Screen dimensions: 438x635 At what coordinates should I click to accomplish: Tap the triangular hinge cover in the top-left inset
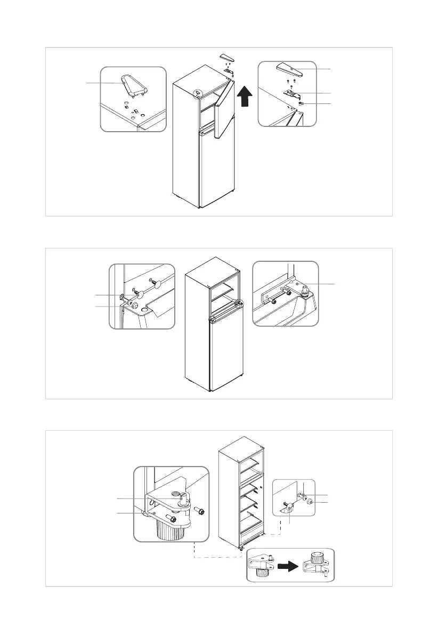pos(132,87)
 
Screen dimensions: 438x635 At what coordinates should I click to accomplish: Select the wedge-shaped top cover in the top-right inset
pos(289,68)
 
